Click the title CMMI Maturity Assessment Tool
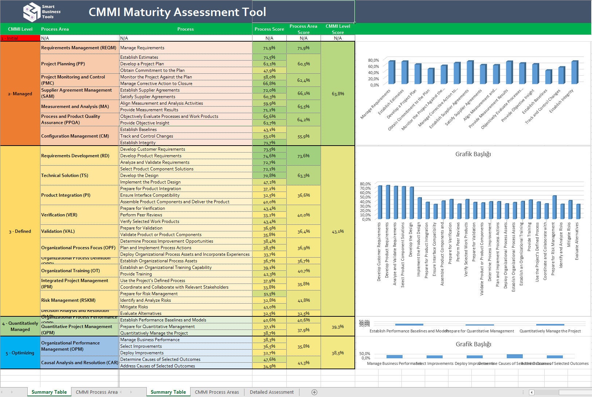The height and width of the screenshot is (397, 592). (177, 12)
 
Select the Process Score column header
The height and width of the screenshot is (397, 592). (269, 29)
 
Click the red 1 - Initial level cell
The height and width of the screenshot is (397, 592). (20, 38)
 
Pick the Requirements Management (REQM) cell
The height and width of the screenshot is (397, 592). (79, 48)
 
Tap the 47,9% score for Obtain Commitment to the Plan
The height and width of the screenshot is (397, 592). (269, 70)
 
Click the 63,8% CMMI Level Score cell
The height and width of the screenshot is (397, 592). (338, 94)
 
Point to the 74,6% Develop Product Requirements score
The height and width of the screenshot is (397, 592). (269, 156)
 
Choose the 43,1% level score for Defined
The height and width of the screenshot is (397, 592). (338, 231)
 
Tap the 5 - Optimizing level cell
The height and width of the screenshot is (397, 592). (20, 353)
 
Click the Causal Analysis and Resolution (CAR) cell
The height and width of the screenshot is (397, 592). (79, 363)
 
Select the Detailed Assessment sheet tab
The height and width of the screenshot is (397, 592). (271, 392)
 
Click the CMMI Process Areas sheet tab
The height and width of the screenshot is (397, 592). (217, 392)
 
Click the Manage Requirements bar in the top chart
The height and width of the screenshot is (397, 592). (392, 73)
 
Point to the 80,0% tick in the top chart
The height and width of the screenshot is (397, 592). (373, 60)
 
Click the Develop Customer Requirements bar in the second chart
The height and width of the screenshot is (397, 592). (380, 203)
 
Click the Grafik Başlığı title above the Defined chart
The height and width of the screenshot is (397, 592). (473, 154)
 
